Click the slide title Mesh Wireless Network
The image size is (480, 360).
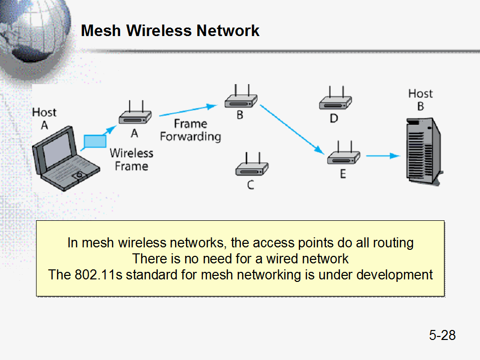170,31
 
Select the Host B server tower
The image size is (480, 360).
423,150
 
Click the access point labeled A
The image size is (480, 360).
135,117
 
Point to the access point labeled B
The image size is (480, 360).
240,100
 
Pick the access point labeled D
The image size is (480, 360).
335,102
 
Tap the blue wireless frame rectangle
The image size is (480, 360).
95,141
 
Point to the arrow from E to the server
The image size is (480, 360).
382,156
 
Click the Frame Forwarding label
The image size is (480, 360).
190,130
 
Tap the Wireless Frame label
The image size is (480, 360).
131,159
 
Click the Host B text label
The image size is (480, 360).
420,100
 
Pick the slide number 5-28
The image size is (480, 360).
442,335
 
